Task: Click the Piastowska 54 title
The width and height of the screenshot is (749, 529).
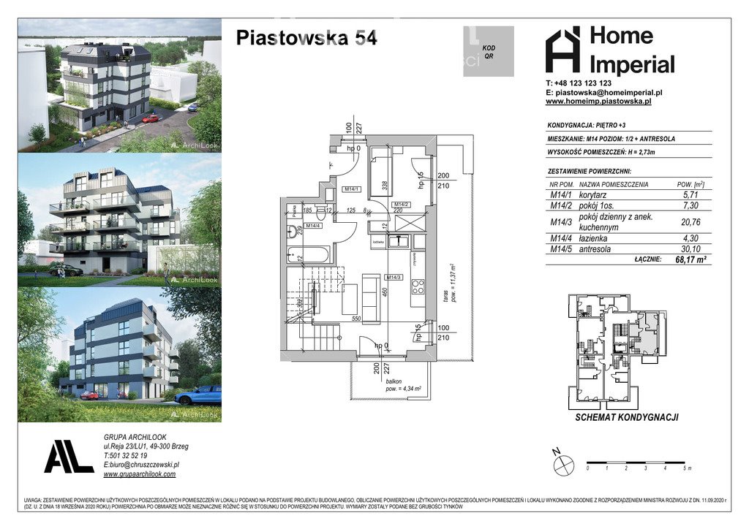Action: click(x=306, y=38)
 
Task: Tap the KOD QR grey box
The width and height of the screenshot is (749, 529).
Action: click(x=488, y=51)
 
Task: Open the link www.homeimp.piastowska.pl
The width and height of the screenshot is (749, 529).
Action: click(x=598, y=102)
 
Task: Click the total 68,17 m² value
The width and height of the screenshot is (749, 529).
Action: click(x=688, y=259)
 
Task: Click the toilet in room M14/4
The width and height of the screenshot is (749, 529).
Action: click(x=293, y=231)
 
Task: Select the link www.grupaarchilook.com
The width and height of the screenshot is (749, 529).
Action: click(x=140, y=473)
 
